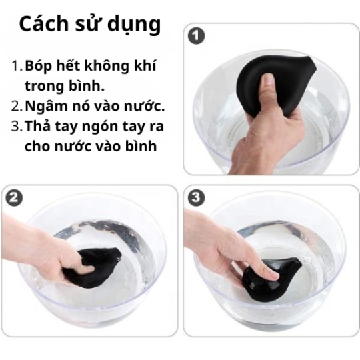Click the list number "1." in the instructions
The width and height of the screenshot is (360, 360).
(17, 67)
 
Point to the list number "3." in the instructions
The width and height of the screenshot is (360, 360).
(17, 125)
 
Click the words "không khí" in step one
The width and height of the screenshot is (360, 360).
(127, 67)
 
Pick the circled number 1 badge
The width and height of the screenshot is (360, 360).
(195, 36)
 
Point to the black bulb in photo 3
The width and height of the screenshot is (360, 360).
(273, 273)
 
